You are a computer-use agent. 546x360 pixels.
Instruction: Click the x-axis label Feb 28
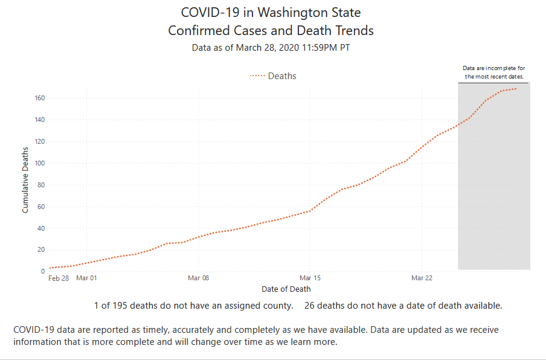[x=59, y=278]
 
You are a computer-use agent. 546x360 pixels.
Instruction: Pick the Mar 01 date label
[x=86, y=278]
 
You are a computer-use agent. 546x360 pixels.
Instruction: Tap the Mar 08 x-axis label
[x=198, y=278]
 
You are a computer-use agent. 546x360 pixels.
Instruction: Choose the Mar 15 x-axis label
[x=310, y=278]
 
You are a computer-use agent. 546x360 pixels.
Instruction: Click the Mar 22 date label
[x=422, y=278]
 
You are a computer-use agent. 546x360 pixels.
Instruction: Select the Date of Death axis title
[x=286, y=289]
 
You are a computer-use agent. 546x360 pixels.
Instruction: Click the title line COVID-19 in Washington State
[x=271, y=12]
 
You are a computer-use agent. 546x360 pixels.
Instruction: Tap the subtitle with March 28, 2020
[x=271, y=47]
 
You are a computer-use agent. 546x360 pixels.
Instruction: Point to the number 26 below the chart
[x=310, y=306]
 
